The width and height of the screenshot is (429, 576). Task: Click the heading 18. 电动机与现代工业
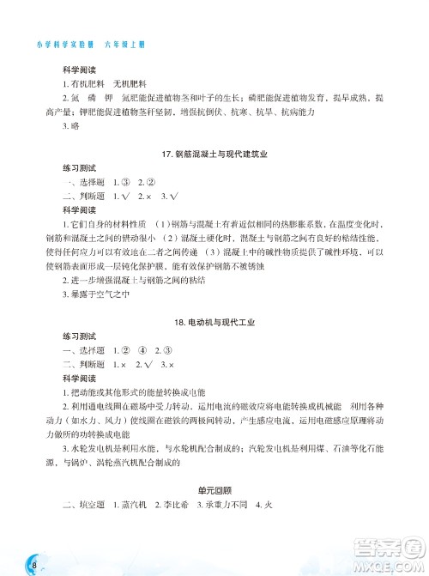click(214, 322)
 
